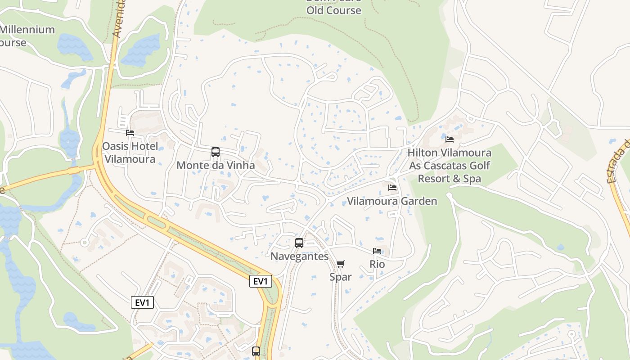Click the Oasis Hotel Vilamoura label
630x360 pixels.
tap(130, 153)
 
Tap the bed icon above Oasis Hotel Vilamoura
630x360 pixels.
tap(130, 133)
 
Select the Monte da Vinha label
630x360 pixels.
tap(216, 165)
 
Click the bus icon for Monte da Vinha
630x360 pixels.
tap(216, 152)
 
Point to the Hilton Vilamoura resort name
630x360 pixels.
tap(449, 166)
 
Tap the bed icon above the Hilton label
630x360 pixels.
tap(449, 139)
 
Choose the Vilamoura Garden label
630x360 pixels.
tap(392, 201)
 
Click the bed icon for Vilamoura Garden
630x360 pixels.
tap(392, 187)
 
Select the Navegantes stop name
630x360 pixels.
tap(299, 256)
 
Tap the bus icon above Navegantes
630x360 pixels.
tap(299, 243)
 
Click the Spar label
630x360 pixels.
tap(340, 277)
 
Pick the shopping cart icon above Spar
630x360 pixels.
tap(341, 264)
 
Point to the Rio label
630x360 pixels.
tap(377, 264)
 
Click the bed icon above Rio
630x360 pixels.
tap(377, 251)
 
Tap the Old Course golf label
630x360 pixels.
tap(334, 10)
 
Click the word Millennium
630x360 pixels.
tap(27, 30)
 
